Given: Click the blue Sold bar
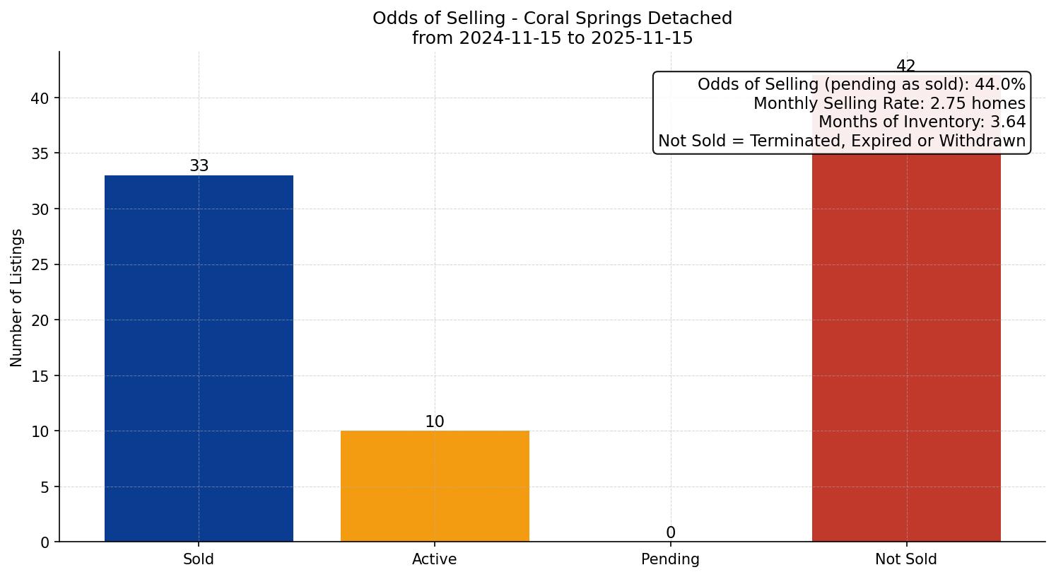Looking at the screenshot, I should point(199,358).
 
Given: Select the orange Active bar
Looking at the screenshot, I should point(435,486).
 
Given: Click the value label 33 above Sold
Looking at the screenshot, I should point(199,166).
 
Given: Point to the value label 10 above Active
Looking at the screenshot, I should point(435,422).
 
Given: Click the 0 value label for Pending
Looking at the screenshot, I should point(670,533).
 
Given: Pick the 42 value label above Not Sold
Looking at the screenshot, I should point(905,66).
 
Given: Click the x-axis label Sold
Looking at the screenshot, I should point(199,559).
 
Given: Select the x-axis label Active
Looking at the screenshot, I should point(435,559).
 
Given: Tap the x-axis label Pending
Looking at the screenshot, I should point(670,559).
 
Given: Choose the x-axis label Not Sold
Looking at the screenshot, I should point(906,559).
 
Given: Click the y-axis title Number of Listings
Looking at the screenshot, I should point(16,298).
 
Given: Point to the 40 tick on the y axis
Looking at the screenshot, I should point(40,98).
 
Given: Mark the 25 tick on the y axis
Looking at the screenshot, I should point(40,265).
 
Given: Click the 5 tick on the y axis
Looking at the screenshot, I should point(44,487).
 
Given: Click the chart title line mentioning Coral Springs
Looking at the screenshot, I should point(552,18).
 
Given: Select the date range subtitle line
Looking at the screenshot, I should point(552,38).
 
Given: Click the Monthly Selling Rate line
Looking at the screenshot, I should point(889,103).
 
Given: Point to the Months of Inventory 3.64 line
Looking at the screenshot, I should point(922,122).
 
